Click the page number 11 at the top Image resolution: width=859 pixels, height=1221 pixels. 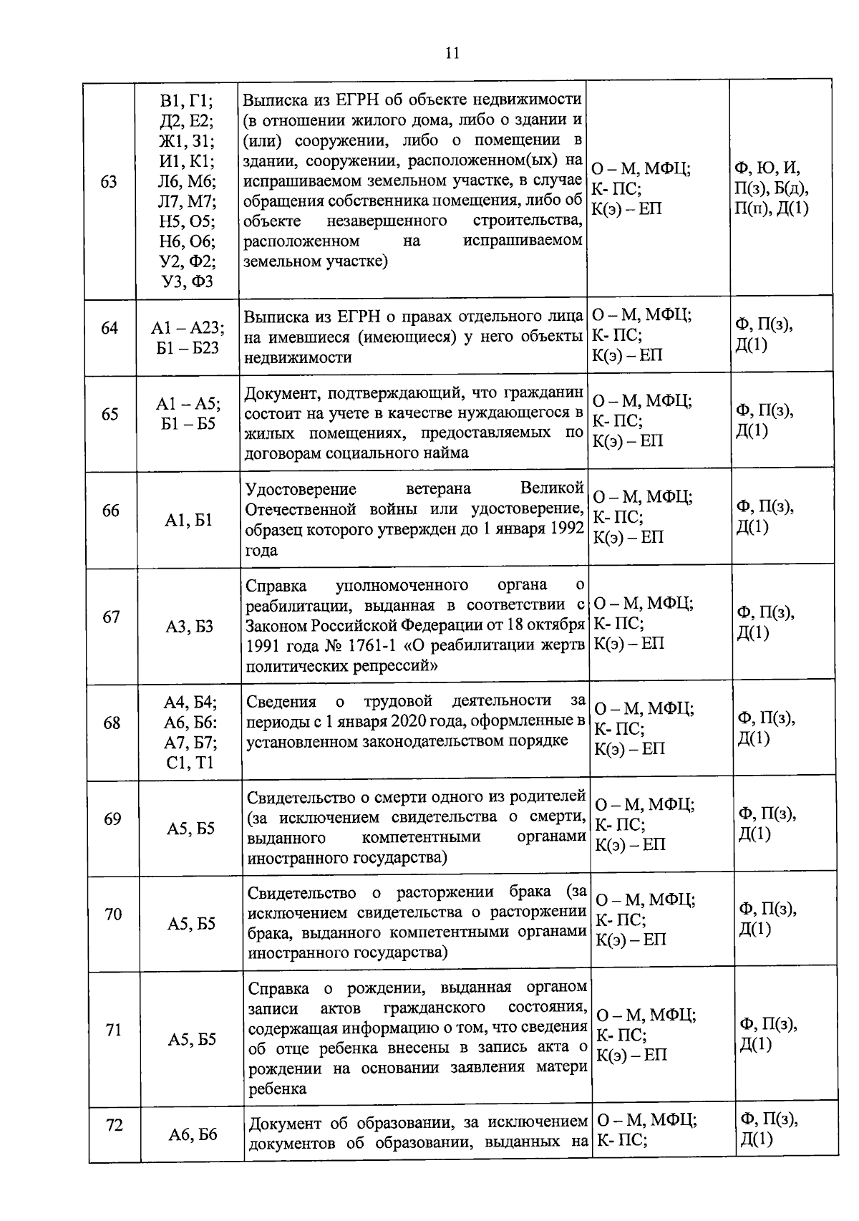pyautogui.click(x=452, y=53)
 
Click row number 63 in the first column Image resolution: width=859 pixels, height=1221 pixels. pyautogui.click(x=109, y=181)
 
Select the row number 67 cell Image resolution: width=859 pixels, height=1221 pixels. pyautogui.click(x=111, y=617)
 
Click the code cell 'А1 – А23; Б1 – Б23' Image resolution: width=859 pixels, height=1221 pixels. pyautogui.click(x=188, y=337)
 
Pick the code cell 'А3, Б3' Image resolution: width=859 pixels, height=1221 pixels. pyautogui.click(x=190, y=627)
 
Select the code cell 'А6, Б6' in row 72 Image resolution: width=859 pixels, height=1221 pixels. pyautogui.click(x=193, y=1134)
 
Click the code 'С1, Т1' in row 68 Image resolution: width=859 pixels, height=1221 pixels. pyautogui.click(x=190, y=763)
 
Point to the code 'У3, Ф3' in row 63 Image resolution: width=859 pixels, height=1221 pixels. pyautogui.click(x=188, y=281)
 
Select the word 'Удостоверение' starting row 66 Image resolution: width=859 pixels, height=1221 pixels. pyautogui.click(x=301, y=489)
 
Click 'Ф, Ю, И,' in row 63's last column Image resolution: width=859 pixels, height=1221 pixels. pyautogui.click(x=767, y=169)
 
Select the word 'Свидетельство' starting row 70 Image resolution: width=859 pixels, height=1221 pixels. pyautogui.click(x=301, y=893)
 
